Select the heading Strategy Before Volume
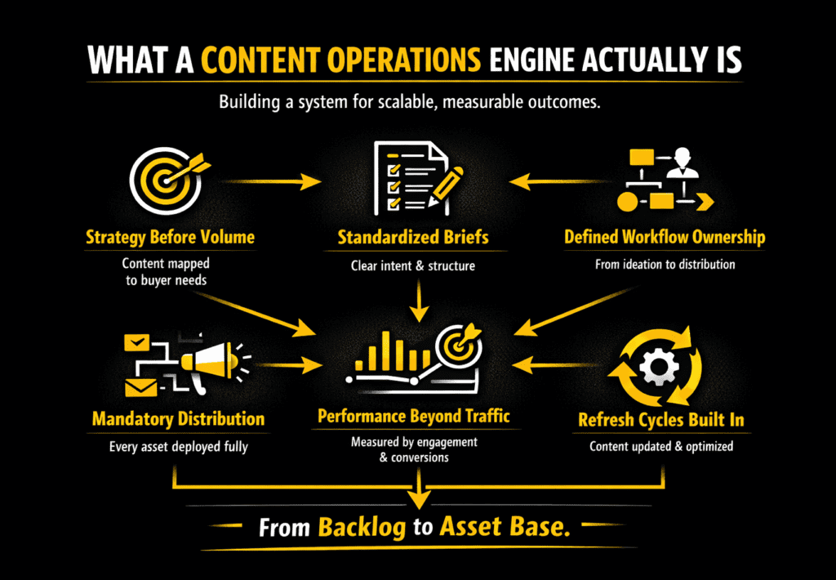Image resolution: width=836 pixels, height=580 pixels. [x=170, y=238]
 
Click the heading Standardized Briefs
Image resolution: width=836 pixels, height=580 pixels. [x=413, y=238]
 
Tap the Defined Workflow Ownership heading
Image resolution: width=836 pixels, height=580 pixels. [x=665, y=238]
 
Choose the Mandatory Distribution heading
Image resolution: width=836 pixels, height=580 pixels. [x=178, y=419]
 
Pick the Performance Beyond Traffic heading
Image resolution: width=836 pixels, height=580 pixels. [x=413, y=417]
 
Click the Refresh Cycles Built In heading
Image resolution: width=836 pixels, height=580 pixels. [x=660, y=421]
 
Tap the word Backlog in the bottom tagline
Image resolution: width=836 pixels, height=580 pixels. [x=361, y=527]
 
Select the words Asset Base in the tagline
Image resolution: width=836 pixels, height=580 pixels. [x=504, y=527]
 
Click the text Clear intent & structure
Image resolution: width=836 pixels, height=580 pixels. [x=413, y=265]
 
